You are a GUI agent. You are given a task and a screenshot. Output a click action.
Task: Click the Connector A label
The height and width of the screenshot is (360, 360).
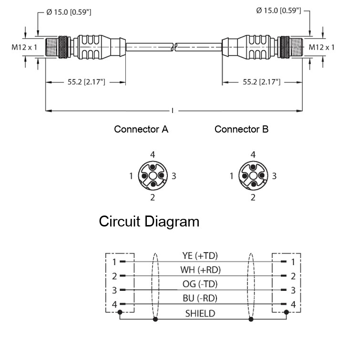coord(141,129)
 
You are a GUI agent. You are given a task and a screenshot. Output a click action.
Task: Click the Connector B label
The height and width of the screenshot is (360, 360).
coord(241,129)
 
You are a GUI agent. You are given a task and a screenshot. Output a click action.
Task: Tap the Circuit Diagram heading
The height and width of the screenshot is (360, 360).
coord(149,222)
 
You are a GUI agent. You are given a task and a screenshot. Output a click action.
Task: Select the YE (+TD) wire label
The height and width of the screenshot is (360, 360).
coord(200,256)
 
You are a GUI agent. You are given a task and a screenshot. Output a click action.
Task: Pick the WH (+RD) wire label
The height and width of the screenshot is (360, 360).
coord(200,270)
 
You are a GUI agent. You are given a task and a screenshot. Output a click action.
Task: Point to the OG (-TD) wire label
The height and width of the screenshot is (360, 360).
coord(200,284)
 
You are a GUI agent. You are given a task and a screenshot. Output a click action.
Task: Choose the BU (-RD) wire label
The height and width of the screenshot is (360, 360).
coord(200,298)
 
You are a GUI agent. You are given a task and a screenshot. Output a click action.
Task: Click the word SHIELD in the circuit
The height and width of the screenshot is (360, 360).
coord(200,313)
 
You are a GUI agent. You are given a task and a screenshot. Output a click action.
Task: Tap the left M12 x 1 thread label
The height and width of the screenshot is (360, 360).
coord(24,47)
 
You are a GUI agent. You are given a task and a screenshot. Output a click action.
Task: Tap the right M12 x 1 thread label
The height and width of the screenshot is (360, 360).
coord(321,47)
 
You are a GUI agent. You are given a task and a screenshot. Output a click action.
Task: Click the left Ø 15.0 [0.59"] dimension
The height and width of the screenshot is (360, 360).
coord(69,12)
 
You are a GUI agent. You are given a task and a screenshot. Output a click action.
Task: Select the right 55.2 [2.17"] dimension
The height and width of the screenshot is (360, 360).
coord(262,82)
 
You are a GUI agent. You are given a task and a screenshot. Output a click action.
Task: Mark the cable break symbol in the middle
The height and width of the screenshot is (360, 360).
coord(175,47)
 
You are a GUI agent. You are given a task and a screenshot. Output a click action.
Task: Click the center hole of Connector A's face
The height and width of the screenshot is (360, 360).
coord(153,176)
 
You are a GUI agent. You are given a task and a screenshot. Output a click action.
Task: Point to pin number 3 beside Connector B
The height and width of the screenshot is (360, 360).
coord(274,176)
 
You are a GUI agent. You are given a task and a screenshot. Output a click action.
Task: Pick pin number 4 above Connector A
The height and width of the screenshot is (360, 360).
coord(153,155)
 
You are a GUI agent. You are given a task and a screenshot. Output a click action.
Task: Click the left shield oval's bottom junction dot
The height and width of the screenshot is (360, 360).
coord(155,319)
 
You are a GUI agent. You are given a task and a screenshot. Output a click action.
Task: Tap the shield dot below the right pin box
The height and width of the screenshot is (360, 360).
coord(286,312)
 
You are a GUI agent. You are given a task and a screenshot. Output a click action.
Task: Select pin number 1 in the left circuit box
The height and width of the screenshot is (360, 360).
coord(114,262)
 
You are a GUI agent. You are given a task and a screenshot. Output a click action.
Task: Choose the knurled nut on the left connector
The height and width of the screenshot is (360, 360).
coord(63,47)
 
